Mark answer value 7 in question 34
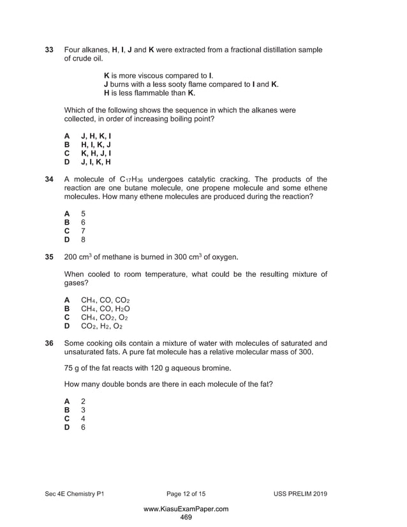click(83, 230)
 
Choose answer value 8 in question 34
click(83, 239)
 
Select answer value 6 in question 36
click(83, 429)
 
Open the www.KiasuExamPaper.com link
click(186, 508)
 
